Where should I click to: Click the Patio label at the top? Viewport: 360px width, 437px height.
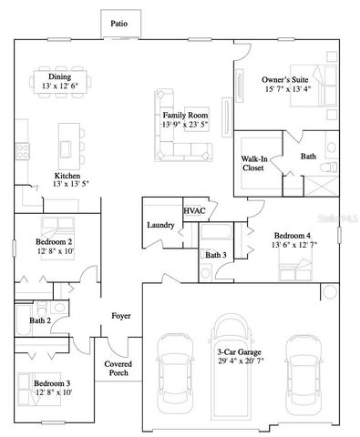(118, 25)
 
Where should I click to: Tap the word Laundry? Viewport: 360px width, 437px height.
(160, 225)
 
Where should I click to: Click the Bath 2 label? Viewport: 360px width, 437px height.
(39, 320)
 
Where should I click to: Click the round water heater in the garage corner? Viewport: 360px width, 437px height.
(329, 292)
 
